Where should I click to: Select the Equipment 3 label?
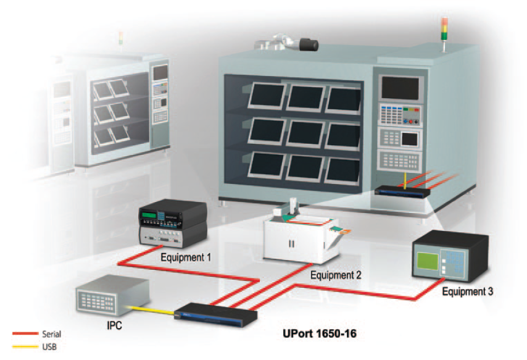click(467, 290)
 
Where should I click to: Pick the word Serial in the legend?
click(51, 333)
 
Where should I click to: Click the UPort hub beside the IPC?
click(214, 316)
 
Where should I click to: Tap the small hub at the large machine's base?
click(401, 191)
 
